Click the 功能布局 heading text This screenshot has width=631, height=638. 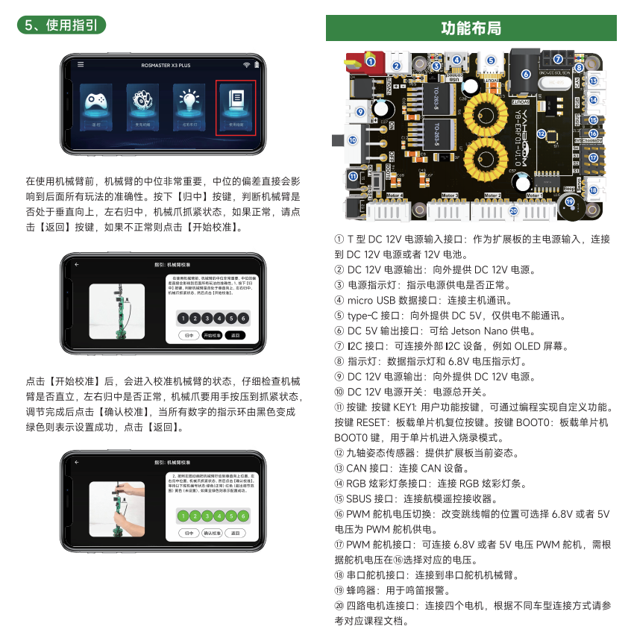click(x=471, y=28)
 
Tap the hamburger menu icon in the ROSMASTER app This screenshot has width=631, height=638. click(x=81, y=65)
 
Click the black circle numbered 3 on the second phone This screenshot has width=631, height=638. click(x=207, y=318)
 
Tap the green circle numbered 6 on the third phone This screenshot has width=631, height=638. click(x=243, y=516)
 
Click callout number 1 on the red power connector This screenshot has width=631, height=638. click(x=370, y=62)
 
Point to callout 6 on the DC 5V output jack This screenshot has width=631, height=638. click(x=526, y=74)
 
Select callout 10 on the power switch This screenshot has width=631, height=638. click(x=352, y=140)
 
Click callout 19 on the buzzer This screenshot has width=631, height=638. click(x=571, y=201)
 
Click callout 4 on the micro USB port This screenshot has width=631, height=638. click(x=456, y=60)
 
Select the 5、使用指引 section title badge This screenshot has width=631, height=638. click(x=61, y=25)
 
